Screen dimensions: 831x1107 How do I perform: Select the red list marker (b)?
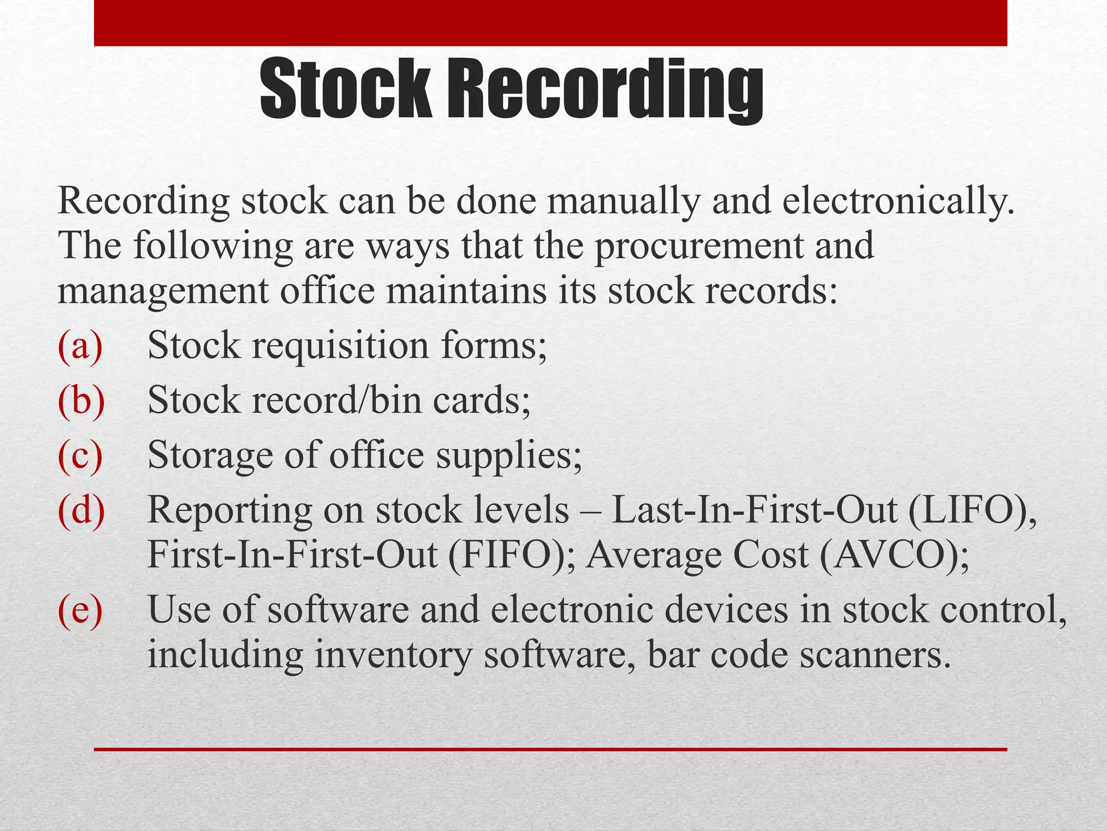pyautogui.click(x=81, y=400)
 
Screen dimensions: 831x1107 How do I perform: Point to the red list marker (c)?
pyautogui.click(x=80, y=456)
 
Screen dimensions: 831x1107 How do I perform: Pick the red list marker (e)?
pyautogui.click(x=80, y=610)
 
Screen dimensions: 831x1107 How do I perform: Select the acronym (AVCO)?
pyautogui.click(x=893, y=555)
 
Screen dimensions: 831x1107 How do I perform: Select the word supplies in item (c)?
pyautogui.click(x=509, y=456)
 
